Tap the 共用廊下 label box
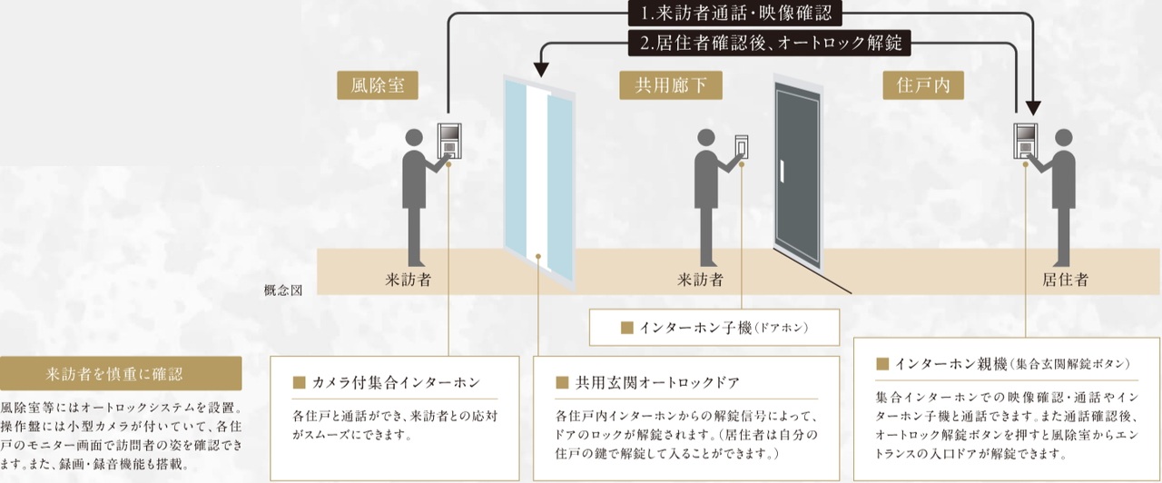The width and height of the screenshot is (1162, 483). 665,86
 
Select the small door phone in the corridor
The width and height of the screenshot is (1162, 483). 742,146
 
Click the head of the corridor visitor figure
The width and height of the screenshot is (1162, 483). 705,138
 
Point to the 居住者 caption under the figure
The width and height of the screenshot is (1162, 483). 1066,280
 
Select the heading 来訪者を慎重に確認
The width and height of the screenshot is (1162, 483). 120,373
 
